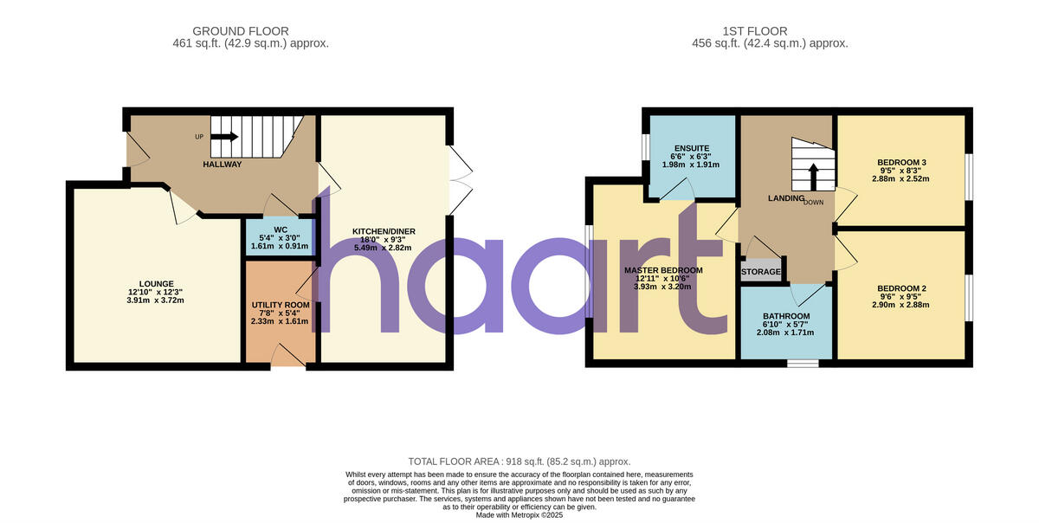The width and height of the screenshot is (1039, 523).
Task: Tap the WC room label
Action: (x=280, y=229)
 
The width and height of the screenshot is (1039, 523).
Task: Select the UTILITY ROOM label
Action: (x=280, y=305)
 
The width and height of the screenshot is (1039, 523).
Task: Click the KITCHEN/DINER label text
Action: (x=384, y=230)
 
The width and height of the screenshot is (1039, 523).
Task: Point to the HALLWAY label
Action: (x=223, y=165)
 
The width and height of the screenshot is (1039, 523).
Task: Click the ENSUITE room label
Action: (x=691, y=148)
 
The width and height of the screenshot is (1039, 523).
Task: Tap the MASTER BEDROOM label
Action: (x=663, y=270)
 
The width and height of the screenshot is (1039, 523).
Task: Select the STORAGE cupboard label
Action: (x=761, y=272)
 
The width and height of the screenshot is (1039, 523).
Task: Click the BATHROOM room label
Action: (x=786, y=316)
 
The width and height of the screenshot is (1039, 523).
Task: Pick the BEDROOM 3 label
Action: (x=901, y=163)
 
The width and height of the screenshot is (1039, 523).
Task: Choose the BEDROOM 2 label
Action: (x=901, y=288)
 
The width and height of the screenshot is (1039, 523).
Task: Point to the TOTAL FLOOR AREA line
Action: (x=519, y=462)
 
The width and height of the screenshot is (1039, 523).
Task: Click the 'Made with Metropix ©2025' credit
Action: (x=519, y=514)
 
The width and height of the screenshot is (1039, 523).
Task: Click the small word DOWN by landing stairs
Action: (x=813, y=202)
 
